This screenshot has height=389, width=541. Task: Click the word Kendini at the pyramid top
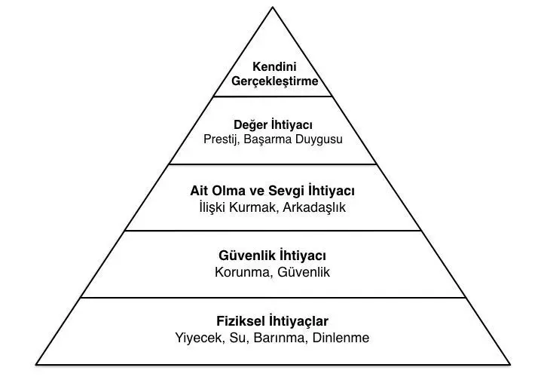pos(274,66)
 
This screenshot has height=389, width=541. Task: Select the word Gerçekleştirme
pos(274,81)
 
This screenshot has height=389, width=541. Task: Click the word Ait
pos(198,191)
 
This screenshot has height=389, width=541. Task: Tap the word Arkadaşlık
pos(314,207)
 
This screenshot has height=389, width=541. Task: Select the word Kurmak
pos(252,207)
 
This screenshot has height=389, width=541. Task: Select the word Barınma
pos(280,338)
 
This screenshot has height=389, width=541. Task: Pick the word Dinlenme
pos(341,338)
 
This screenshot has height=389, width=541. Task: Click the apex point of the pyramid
pos(273,8)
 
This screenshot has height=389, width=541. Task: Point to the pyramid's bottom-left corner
pos(36,364)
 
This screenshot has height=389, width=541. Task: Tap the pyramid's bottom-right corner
pos(510,364)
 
